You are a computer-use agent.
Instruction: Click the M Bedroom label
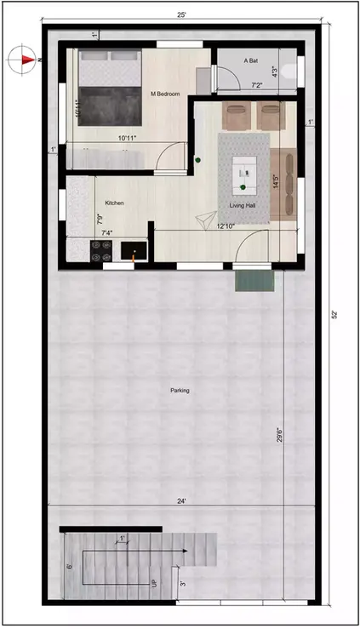165,94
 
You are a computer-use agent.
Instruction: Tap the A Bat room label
251,61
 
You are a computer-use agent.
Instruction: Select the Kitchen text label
115,203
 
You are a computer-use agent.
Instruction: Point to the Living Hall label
243,205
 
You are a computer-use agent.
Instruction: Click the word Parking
180,391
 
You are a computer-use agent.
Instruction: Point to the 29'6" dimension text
281,435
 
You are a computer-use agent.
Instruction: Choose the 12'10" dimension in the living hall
226,226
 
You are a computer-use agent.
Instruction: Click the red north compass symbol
26,60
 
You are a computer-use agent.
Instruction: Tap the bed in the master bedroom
109,88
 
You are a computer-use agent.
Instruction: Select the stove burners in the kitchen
101,250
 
